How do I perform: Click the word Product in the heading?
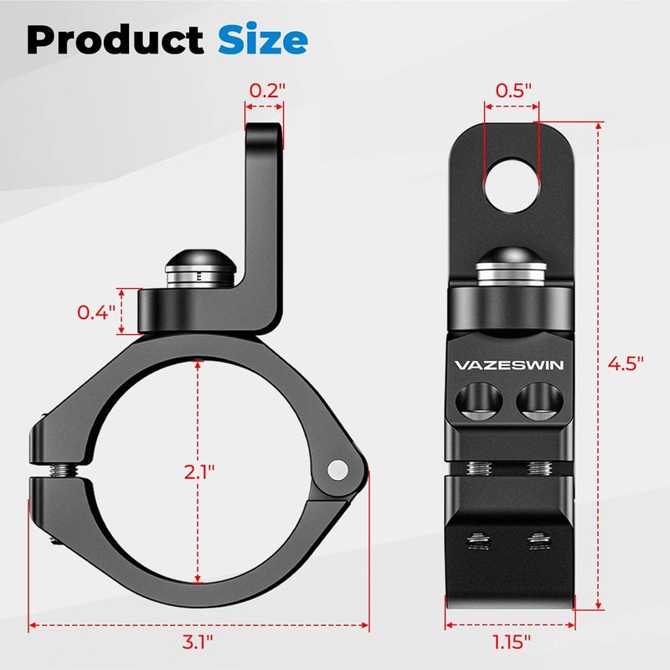point(114,39)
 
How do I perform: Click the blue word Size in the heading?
point(262,39)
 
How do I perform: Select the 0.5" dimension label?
point(513,90)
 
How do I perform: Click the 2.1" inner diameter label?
point(198,471)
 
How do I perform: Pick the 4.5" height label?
point(627,363)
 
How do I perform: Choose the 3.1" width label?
point(198,642)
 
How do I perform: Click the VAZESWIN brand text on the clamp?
point(509,365)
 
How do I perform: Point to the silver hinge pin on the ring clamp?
point(338,469)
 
